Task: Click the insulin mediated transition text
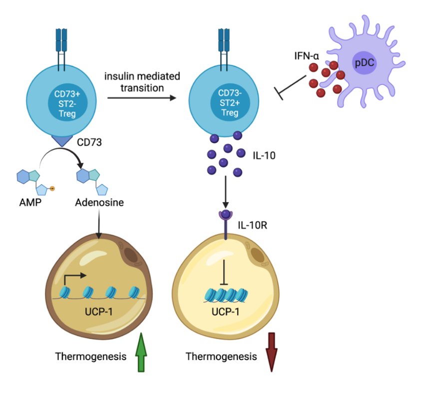click(142, 81)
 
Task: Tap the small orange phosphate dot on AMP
click(51, 188)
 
